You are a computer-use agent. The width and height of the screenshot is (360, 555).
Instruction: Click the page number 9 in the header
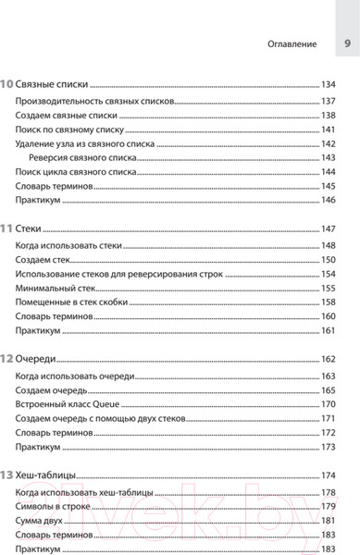(346, 43)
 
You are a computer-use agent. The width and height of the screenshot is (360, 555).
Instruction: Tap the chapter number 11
(7, 228)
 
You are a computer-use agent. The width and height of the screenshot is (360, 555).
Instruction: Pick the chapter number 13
(7, 475)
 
